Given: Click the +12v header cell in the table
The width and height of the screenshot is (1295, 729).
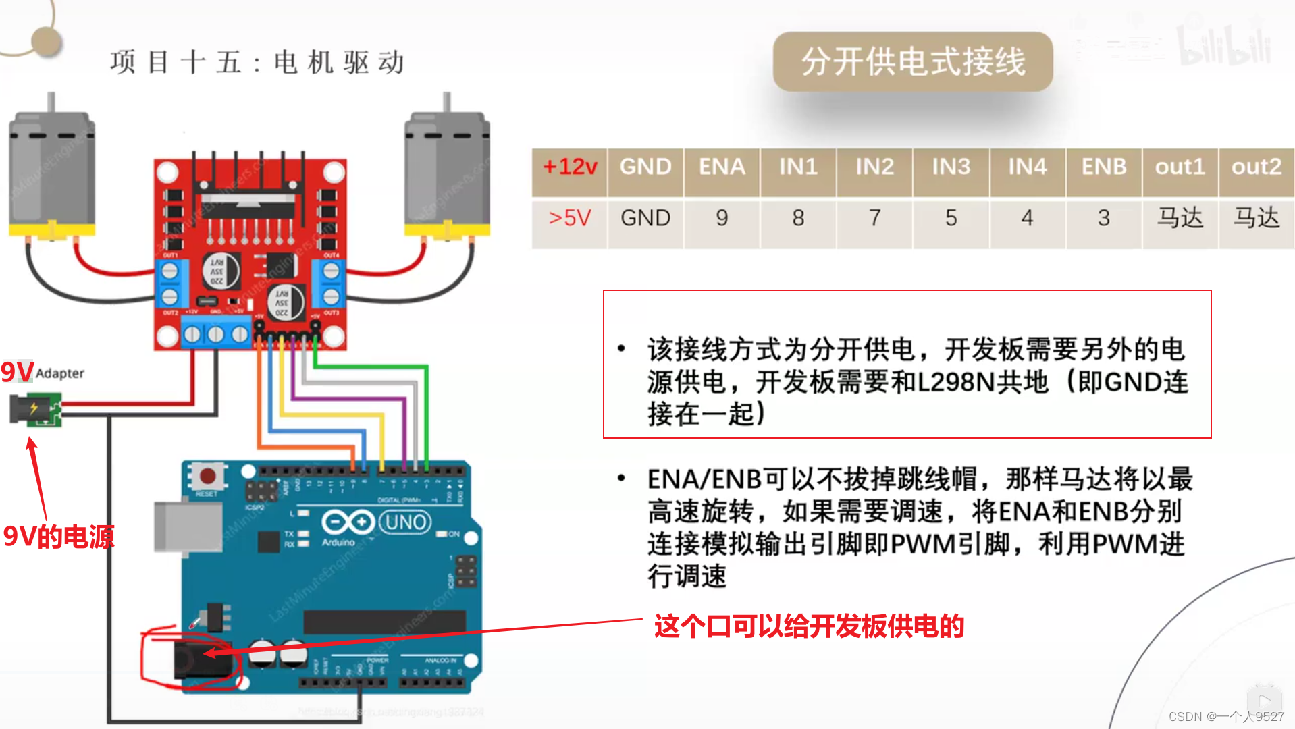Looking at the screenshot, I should click(570, 167).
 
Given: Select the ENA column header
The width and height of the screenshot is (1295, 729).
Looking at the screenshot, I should click(722, 167).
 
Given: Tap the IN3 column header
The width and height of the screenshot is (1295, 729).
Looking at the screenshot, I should click(951, 167).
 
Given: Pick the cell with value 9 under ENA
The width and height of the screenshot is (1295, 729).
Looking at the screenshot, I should click(722, 218).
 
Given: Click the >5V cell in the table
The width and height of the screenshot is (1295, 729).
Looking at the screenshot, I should click(570, 218).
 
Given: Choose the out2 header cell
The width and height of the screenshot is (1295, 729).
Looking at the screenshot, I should click(1256, 167).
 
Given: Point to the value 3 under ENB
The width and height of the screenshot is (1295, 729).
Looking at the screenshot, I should click(1103, 218).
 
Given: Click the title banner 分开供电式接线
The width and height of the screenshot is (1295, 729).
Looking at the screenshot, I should click(913, 62).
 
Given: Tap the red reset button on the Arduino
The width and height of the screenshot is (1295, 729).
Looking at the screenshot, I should click(208, 477).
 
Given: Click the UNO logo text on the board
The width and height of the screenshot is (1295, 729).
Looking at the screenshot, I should click(405, 522).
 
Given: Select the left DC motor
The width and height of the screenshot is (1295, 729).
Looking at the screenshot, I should click(51, 175).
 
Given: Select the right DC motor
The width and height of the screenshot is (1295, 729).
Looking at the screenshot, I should click(447, 175).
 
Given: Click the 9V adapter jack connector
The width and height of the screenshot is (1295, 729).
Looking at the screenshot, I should click(35, 409).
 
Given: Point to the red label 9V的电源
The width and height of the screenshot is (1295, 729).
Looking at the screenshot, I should click(59, 537).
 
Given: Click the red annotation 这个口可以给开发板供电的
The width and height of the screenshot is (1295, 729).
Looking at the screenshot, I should click(809, 626).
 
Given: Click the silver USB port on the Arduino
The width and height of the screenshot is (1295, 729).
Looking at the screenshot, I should click(187, 527).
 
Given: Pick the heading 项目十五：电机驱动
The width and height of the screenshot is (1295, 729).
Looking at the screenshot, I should click(257, 63).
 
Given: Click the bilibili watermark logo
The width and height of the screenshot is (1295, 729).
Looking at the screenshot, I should click(1223, 46).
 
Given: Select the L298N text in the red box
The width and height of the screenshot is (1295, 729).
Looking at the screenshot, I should click(953, 383).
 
